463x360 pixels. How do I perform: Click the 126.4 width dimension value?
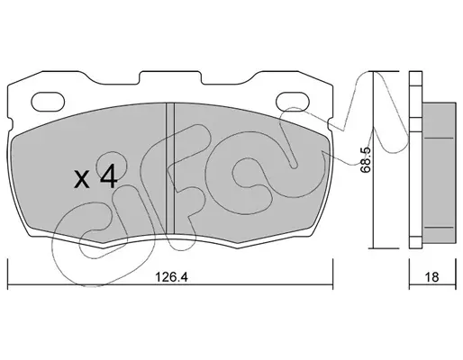171,277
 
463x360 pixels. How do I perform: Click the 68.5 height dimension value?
366,160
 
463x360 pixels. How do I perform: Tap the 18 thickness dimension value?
431,277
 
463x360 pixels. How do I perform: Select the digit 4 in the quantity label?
108,177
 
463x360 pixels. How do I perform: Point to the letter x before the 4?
82,180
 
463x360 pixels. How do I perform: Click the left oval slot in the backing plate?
48,101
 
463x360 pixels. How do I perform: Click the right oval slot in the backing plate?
293,101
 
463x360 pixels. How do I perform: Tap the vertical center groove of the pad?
170,168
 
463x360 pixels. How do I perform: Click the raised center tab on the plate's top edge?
170,77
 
